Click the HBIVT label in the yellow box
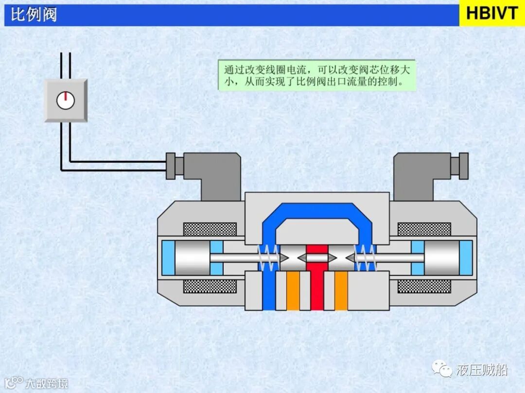[x=492, y=13]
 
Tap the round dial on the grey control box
[x=65, y=100]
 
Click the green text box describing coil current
[x=317, y=75]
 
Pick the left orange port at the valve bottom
[x=293, y=291]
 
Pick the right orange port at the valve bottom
[x=341, y=291]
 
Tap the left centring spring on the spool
[x=269, y=257]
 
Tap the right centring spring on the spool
[x=366, y=257]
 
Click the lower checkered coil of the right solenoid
[x=424, y=286]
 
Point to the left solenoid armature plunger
[x=192, y=257]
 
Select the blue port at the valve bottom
[x=269, y=291]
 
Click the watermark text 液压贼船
[x=482, y=370]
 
